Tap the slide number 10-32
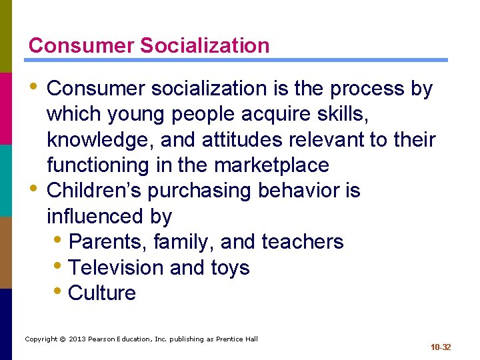(x=441, y=347)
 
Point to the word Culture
(x=102, y=293)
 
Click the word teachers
(x=303, y=241)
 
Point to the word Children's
(x=94, y=191)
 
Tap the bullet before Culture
(x=59, y=291)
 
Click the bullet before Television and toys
(x=59, y=266)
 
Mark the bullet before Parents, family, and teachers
(x=59, y=240)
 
